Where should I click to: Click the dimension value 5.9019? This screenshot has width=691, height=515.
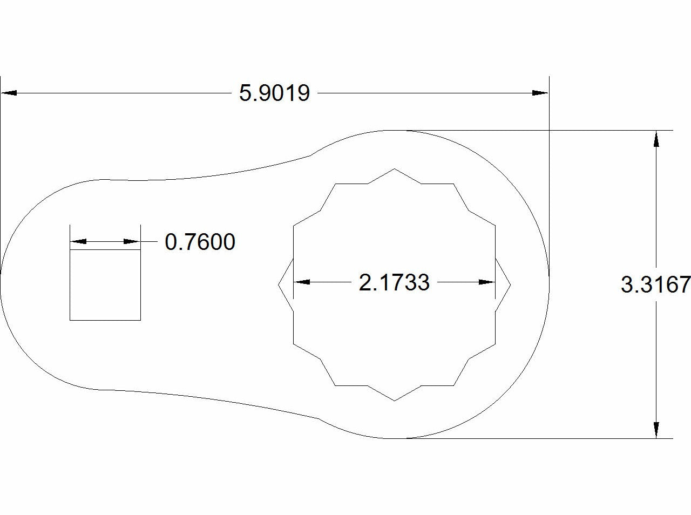(x=275, y=93)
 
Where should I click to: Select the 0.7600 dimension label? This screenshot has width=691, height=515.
(x=200, y=242)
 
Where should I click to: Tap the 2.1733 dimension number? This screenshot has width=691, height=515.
(x=394, y=282)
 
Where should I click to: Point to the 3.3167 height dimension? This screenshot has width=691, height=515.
(x=655, y=284)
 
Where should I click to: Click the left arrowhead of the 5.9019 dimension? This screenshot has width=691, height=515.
(x=9, y=93)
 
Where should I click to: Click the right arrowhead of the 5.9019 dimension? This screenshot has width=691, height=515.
(x=540, y=93)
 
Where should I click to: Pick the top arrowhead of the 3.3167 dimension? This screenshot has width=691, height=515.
(x=656, y=139)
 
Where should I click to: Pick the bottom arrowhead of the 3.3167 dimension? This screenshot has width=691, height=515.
(x=656, y=430)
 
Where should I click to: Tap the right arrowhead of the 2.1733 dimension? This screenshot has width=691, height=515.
(x=487, y=282)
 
